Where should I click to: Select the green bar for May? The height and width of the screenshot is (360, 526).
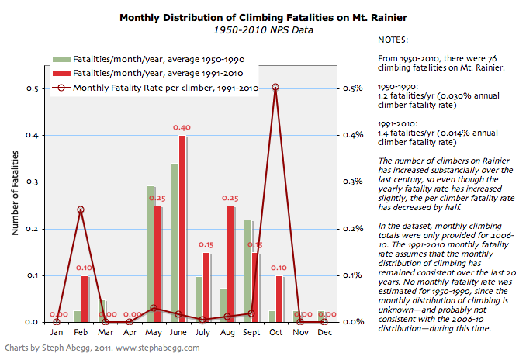[151, 254]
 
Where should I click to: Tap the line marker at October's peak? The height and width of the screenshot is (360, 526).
[275, 88]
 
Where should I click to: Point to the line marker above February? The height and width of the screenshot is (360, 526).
[81, 210]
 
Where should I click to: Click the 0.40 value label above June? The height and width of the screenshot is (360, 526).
[182, 127]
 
